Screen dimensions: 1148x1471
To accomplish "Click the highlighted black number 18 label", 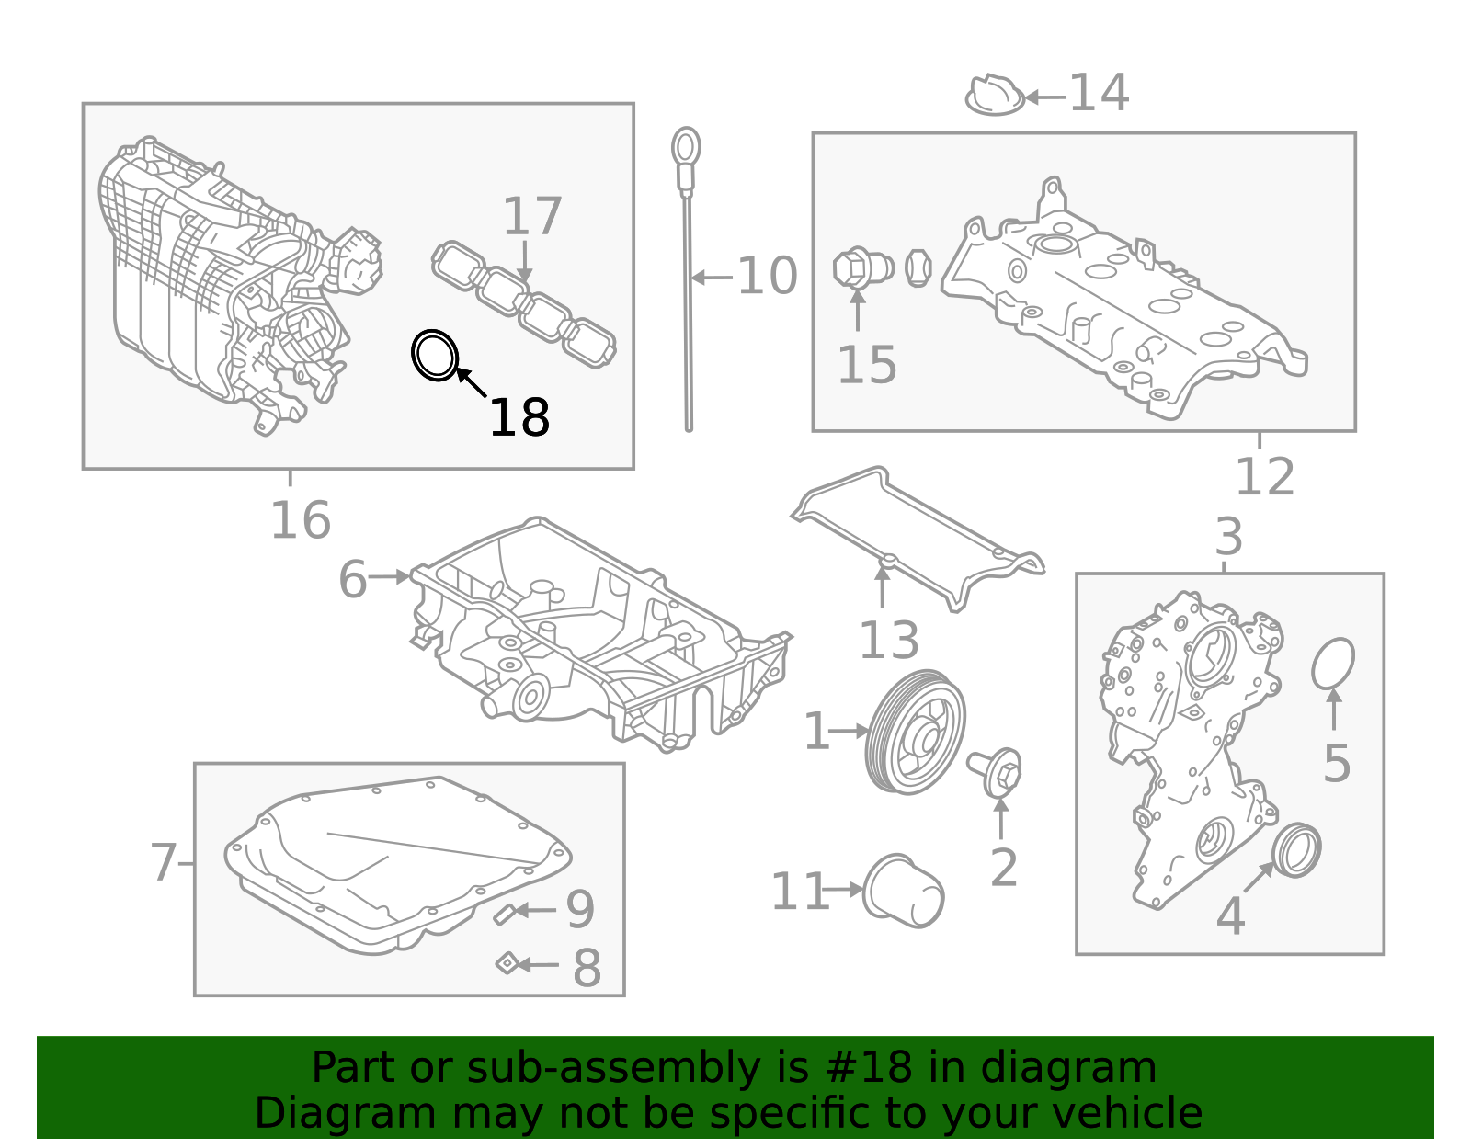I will pyautogui.click(x=519, y=418).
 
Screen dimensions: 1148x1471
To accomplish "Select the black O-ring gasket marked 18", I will pyautogui.click(x=434, y=355).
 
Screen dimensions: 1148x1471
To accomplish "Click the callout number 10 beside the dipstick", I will pyautogui.click(x=767, y=276).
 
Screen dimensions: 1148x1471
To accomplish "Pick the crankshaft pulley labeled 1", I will pyautogui.click(x=917, y=733).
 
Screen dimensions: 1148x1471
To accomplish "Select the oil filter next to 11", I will pyautogui.click(x=904, y=892).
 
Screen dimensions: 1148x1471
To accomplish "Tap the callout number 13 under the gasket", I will pyautogui.click(x=888, y=640).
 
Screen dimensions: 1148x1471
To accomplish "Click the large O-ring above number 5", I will pyautogui.click(x=1333, y=664).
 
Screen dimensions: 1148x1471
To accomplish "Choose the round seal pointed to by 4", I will pyautogui.click(x=1296, y=850).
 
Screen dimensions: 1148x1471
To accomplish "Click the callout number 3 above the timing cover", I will pyautogui.click(x=1228, y=537).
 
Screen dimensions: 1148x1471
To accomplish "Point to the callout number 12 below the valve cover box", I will pyautogui.click(x=1264, y=477).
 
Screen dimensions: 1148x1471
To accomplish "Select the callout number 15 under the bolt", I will pyautogui.click(x=866, y=365).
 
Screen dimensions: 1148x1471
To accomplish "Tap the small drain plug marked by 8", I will pyautogui.click(x=506, y=963).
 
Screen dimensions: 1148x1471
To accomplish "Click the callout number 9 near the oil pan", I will pyautogui.click(x=580, y=909).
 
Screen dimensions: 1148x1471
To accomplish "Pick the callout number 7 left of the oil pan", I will pyautogui.click(x=163, y=863).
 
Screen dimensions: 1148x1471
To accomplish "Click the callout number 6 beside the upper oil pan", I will pyautogui.click(x=352, y=579).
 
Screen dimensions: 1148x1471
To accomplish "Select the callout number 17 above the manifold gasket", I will pyautogui.click(x=532, y=217).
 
